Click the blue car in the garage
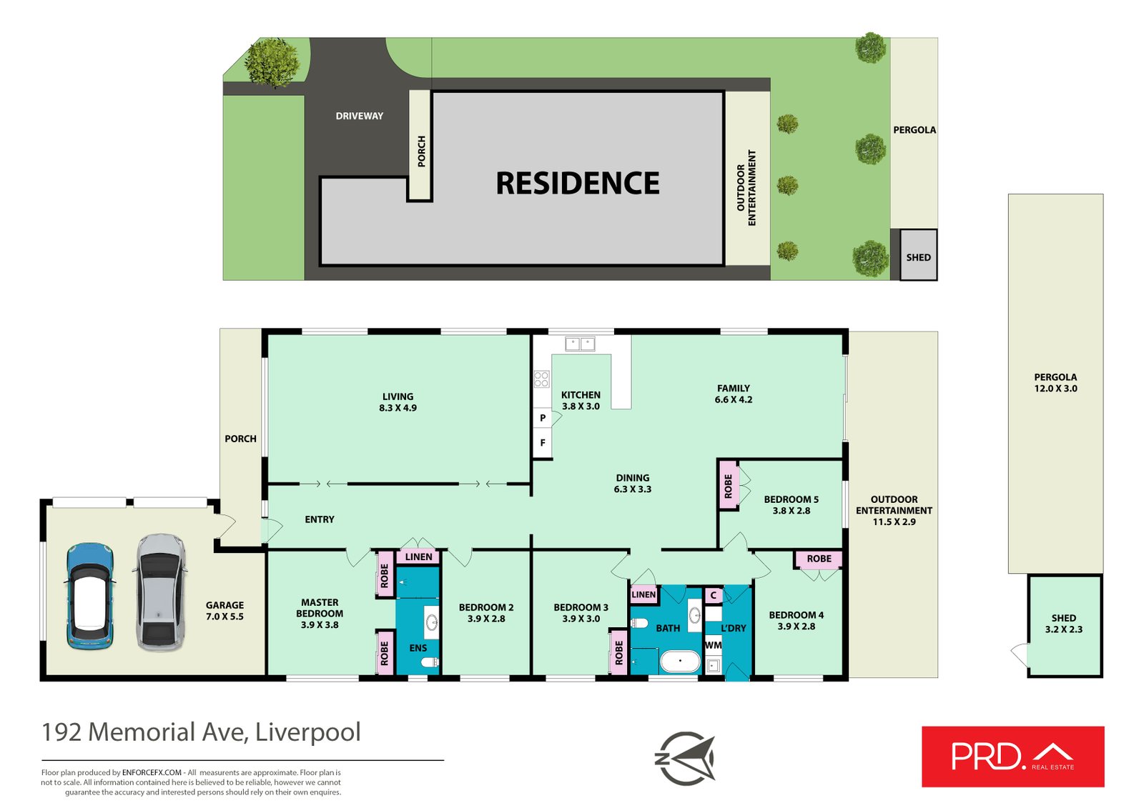90,596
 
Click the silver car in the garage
159,592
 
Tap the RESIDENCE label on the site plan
577,184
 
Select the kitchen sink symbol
580,344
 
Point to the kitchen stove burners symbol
541,379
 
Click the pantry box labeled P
543,418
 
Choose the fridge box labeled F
543,443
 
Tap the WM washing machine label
713,645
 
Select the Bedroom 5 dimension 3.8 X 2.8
791,511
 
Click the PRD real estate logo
1012,757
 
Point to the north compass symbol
685,758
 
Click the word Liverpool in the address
308,732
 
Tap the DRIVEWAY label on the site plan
359,116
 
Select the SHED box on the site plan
918,255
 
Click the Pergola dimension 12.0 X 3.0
1055,389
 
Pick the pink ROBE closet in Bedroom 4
819,559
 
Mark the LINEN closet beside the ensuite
418,557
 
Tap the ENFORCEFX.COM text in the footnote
152,772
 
